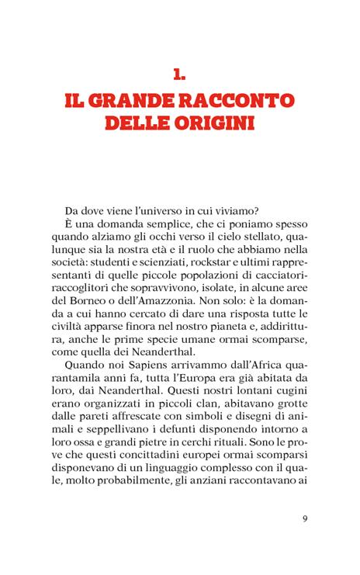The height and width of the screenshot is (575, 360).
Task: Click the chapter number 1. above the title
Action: point(180,74)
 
